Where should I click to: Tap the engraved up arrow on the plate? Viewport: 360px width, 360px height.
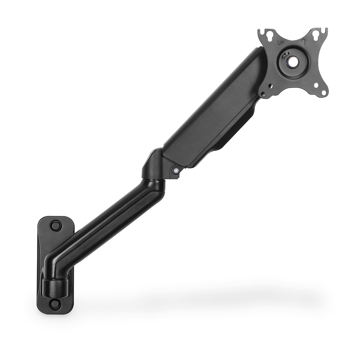(x=303, y=42)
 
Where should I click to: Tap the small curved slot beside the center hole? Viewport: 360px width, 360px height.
(x=285, y=55)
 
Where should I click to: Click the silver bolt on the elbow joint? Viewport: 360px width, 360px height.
(x=176, y=170)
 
